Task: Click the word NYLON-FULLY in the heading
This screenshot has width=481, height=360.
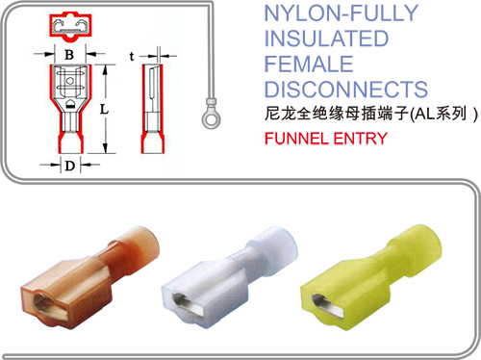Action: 342,13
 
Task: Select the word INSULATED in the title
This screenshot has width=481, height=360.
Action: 326,39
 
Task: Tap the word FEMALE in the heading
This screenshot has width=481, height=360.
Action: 309,64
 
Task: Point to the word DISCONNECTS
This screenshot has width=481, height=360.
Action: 346,90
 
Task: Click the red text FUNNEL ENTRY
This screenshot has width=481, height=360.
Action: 326,139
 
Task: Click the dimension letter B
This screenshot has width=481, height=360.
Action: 69,55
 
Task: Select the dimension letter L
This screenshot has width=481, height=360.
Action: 104,110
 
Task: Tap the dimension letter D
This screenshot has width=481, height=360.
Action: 70,166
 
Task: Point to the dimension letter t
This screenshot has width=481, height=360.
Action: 132,56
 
